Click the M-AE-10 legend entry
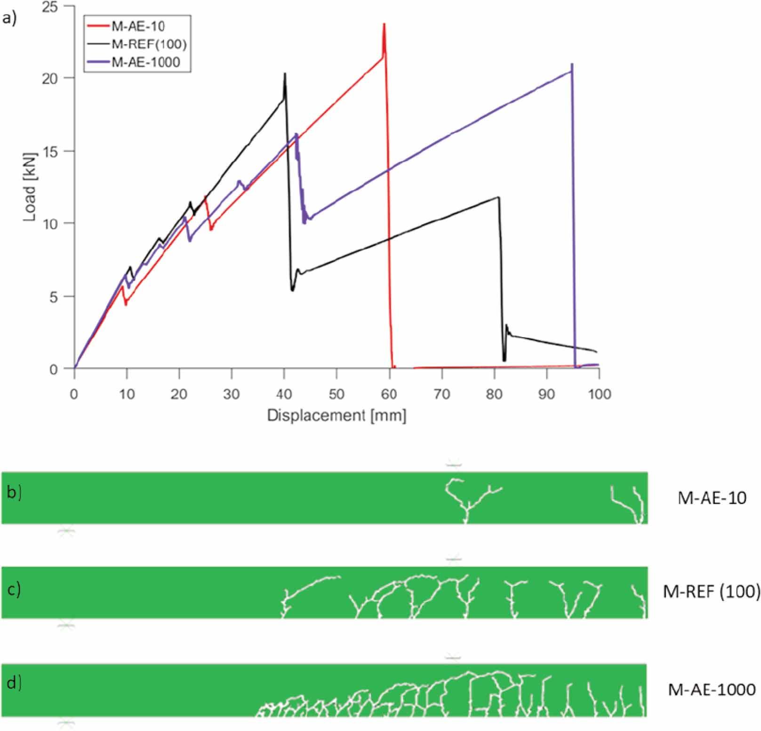click(x=138, y=26)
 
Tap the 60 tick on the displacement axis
click(x=389, y=394)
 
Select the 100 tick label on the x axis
click(x=599, y=394)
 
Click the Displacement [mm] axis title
click(x=336, y=415)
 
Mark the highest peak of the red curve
click(x=385, y=24)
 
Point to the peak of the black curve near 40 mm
click(x=285, y=74)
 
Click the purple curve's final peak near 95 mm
click(x=572, y=65)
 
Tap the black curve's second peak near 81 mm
click(x=498, y=197)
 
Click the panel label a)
click(x=9, y=18)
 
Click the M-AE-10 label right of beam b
click(x=712, y=498)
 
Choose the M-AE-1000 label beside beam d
click(x=712, y=690)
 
